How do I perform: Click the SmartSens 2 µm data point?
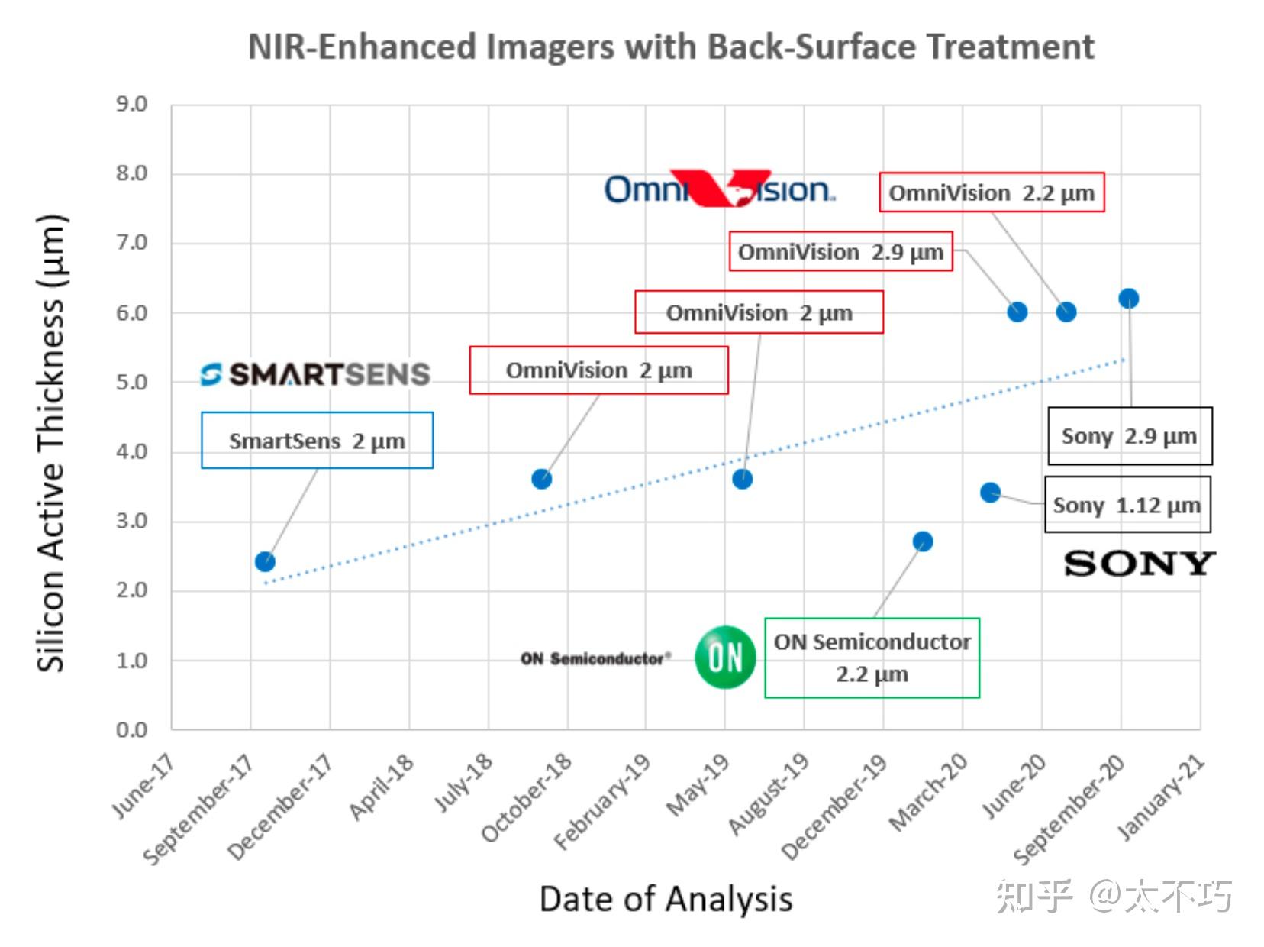pos(265,562)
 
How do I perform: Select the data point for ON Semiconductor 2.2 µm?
pos(923,541)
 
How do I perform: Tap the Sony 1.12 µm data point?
pos(990,493)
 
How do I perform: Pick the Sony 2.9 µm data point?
pos(1129,299)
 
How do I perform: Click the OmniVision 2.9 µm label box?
pos(840,252)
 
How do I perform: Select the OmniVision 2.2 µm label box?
pos(992,192)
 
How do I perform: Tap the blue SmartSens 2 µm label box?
pos(317,441)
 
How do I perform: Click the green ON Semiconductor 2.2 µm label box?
pos(872,658)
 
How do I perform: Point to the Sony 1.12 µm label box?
pos(1127,505)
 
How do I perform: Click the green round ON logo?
pos(725,657)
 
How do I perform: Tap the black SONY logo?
pos(1139,564)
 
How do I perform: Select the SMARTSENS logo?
pos(316,374)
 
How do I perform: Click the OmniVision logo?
pos(719,189)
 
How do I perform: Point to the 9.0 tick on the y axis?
pos(132,104)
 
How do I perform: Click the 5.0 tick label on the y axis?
pos(132,382)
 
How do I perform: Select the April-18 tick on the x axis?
pos(382,787)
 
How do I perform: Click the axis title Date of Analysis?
pos(666,899)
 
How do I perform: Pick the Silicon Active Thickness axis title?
pos(52,443)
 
